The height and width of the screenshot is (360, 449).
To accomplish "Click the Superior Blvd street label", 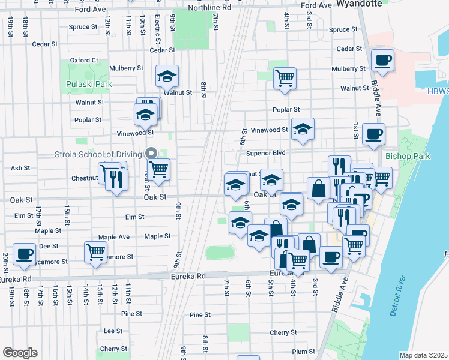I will click(x=265, y=153).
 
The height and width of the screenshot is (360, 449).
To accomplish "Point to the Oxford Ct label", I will click(x=83, y=60).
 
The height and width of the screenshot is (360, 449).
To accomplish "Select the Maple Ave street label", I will click(x=115, y=237).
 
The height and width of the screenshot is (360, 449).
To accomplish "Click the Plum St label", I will click(x=304, y=352).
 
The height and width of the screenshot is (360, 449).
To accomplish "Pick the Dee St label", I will click(x=48, y=246).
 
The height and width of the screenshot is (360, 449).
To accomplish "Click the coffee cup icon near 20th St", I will click(x=24, y=253).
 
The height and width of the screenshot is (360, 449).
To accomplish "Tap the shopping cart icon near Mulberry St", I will click(x=285, y=77).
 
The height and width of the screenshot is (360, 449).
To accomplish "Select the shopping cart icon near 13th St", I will click(x=95, y=251).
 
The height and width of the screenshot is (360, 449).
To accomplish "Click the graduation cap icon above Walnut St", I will click(x=167, y=76).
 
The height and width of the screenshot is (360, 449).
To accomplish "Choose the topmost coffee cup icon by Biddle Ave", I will click(x=382, y=59).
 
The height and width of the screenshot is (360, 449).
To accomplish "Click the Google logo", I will click(x=20, y=353).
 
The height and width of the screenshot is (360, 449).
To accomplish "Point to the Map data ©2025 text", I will click(x=424, y=355).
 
